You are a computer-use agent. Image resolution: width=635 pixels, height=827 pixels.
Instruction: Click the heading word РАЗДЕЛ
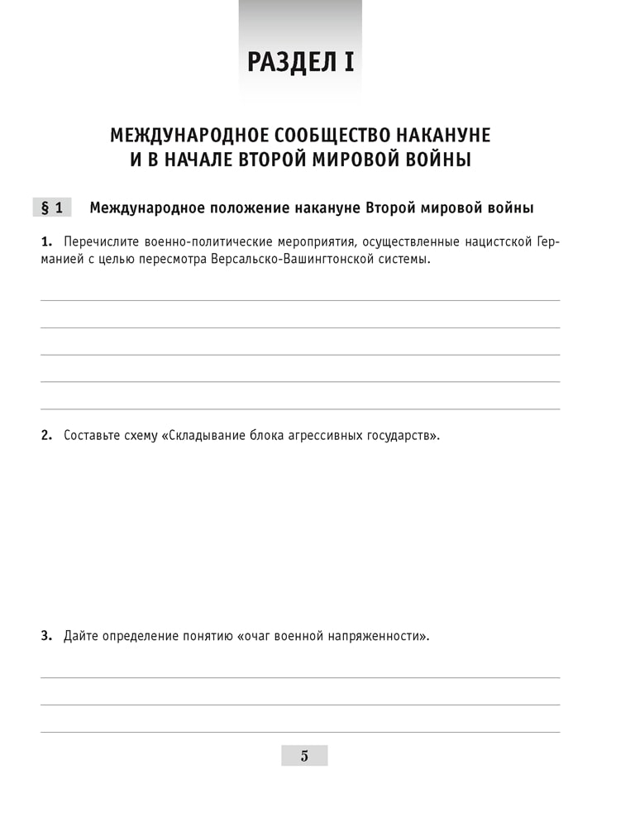289,62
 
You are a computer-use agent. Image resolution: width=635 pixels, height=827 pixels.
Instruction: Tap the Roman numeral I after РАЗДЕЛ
348,62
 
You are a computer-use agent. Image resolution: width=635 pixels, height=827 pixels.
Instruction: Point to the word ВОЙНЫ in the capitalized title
438,160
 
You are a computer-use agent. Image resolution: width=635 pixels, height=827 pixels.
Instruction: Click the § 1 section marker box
52,208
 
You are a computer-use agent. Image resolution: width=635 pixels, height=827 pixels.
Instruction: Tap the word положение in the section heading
248,208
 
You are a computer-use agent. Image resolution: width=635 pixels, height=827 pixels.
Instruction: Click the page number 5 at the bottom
304,755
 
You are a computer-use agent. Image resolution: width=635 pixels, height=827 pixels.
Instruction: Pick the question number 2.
46,435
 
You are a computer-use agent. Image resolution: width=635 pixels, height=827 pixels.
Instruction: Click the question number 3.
46,637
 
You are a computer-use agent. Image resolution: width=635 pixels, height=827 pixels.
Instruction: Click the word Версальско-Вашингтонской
278,260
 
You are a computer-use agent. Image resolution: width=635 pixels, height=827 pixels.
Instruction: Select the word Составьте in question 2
93,435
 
